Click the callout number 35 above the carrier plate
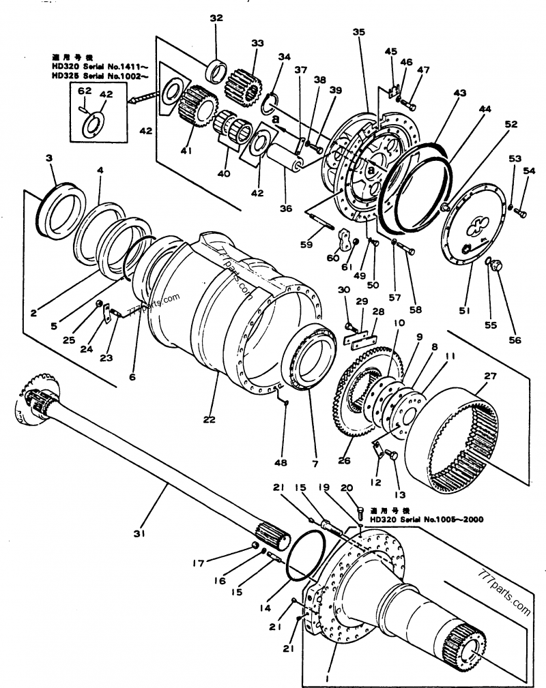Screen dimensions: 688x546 pos(359,32)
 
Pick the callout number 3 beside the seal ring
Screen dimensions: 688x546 pos(49,158)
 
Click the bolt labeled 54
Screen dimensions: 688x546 pos(521,213)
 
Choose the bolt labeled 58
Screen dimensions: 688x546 pos(406,249)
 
